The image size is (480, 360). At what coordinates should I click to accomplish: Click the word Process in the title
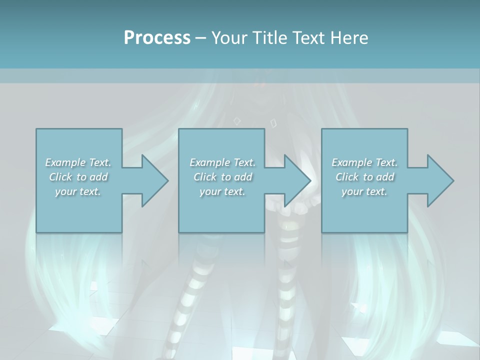click(x=157, y=38)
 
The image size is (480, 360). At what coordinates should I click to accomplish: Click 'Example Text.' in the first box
click(x=78, y=162)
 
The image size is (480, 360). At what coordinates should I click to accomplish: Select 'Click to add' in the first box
click(x=78, y=177)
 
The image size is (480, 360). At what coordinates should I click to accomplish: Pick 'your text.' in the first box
click(x=78, y=191)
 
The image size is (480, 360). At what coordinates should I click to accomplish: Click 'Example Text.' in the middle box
click(x=222, y=162)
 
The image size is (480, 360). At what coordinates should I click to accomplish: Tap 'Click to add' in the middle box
click(x=223, y=177)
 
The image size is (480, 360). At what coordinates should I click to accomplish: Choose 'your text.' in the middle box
click(x=222, y=191)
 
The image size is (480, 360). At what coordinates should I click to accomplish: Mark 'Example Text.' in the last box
click(x=364, y=162)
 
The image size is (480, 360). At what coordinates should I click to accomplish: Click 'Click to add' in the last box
click(x=365, y=177)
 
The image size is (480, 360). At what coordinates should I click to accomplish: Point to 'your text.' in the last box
click(x=364, y=191)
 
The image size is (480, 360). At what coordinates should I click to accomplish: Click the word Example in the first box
click(x=65, y=162)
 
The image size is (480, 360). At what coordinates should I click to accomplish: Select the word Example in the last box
click(x=351, y=162)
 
